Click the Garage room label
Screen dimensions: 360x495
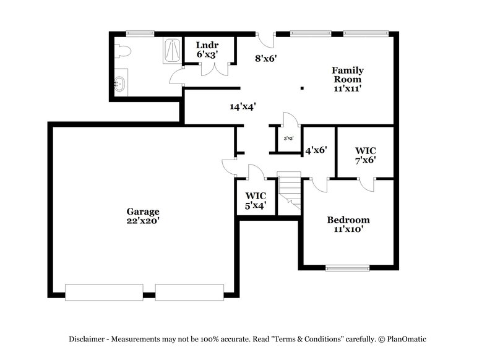click(143, 211)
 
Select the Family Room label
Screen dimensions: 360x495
click(348, 75)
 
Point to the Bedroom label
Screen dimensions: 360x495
click(348, 220)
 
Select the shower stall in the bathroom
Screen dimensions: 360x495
click(172, 51)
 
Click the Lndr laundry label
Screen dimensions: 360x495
click(207, 45)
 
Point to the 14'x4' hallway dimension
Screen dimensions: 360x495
click(243, 106)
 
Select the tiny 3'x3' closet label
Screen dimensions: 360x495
click(288, 139)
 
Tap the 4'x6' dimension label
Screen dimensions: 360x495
click(316, 149)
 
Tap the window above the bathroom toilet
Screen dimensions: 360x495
click(140, 33)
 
